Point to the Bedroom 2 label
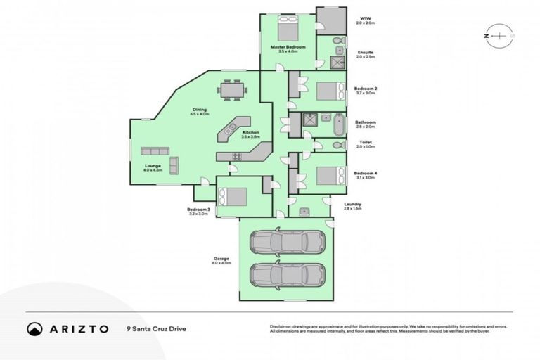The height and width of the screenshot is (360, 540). (x=366, y=89)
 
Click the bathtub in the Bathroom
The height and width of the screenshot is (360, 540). (x=339, y=124)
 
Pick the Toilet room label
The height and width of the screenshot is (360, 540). (x=366, y=141)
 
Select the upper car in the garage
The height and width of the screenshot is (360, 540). (x=286, y=243)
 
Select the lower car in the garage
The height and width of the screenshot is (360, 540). (x=286, y=275)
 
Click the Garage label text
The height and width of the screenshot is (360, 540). (x=222, y=258)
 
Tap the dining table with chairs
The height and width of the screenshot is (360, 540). (x=233, y=91)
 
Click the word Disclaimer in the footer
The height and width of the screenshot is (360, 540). (x=283, y=326)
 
